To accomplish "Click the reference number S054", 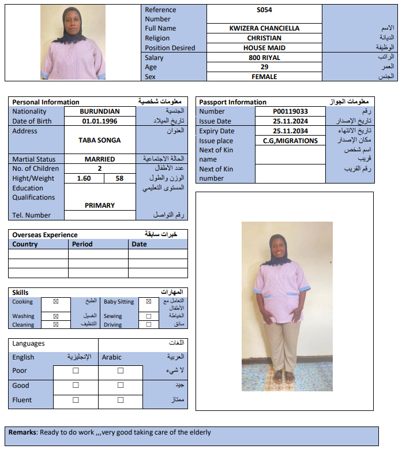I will [264, 10].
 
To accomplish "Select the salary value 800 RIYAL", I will [264, 58].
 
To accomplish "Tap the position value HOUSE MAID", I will [264, 48].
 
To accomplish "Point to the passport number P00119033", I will [290, 111].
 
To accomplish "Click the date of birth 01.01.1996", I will [99, 121].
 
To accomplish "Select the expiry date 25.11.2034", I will [290, 131].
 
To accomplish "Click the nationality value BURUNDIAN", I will [99, 111].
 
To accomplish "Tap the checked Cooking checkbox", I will [56, 301].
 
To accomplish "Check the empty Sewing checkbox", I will [149, 316].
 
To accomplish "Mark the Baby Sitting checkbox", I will [149, 301].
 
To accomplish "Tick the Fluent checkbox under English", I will [76, 400].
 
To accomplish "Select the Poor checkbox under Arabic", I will [121, 371].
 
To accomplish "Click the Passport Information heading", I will [233, 102].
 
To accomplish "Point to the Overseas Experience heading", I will [45, 235].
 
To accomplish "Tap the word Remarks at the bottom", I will [22, 432].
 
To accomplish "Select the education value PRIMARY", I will [99, 205].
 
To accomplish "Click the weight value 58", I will [120, 178].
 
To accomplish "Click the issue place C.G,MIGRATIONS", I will [290, 141].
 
